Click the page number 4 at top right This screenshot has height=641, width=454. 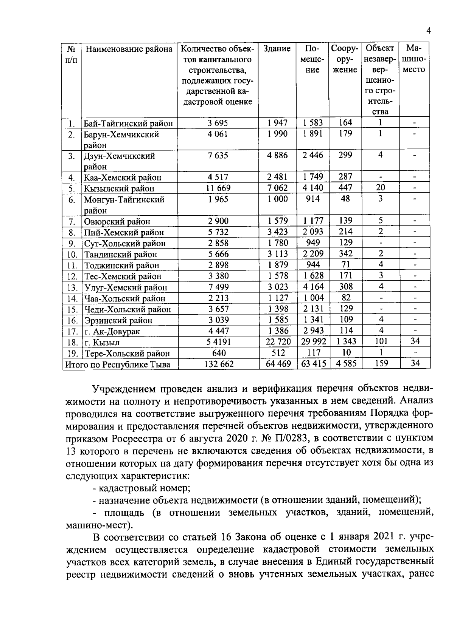pos(428,31)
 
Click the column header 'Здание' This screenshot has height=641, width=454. pos(277,49)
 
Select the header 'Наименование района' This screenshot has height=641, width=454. pos(129,49)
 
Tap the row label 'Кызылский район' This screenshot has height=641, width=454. pos(119,188)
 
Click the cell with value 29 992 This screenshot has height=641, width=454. pos(312,342)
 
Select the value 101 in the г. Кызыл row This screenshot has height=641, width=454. pos(381,341)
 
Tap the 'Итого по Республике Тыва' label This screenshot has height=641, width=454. pos(118,365)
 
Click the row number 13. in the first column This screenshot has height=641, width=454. pos(72,287)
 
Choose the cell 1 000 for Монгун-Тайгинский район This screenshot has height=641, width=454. pos(277,199)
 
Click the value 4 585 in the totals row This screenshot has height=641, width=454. pos(345,364)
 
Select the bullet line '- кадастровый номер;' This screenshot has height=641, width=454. pos(141,488)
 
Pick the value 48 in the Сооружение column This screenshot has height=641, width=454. pos(345,199)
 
